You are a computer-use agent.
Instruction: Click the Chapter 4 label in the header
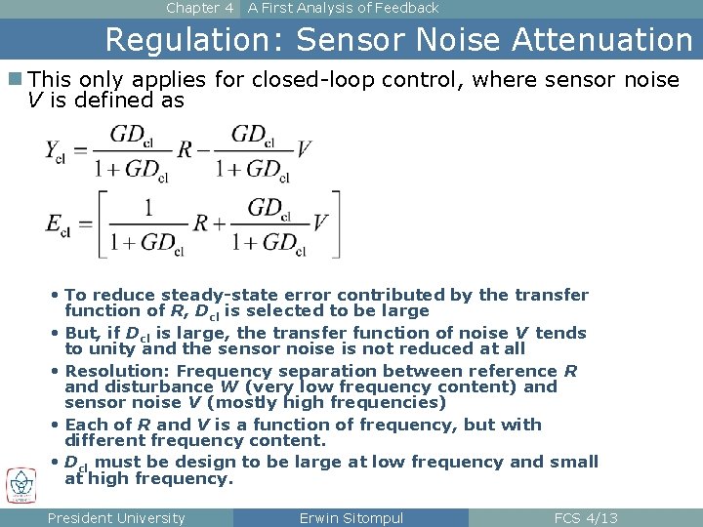[x=199, y=8]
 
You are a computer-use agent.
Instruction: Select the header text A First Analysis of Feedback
[x=343, y=8]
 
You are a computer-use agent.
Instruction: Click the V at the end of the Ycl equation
[x=304, y=149]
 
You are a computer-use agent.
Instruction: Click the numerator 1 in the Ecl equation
[x=147, y=207]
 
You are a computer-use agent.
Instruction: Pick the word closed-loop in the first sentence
[x=300, y=80]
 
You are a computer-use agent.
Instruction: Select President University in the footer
[x=116, y=518]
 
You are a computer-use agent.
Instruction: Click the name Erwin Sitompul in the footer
[x=351, y=518]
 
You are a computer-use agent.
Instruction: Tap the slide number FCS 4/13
[x=586, y=518]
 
